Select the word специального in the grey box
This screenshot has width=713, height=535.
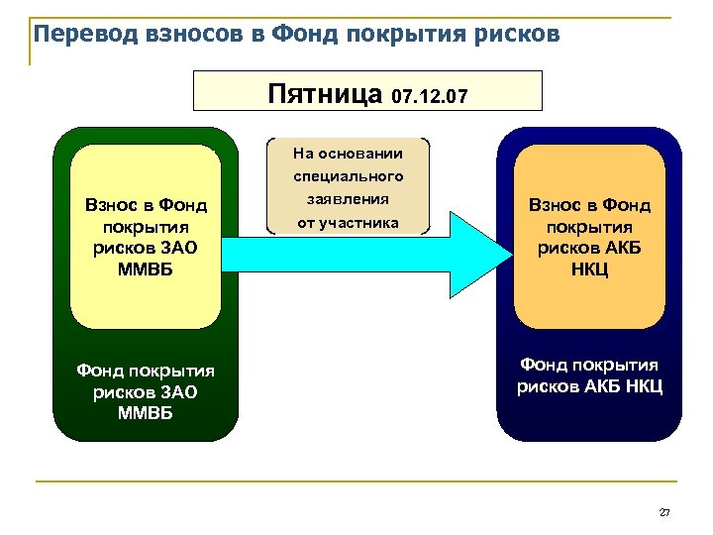click(348, 176)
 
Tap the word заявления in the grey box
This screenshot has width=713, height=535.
click(348, 198)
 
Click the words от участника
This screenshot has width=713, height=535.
click(348, 221)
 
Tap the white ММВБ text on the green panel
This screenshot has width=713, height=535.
click(145, 411)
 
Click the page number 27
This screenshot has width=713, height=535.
click(664, 512)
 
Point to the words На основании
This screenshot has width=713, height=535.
click(348, 154)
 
